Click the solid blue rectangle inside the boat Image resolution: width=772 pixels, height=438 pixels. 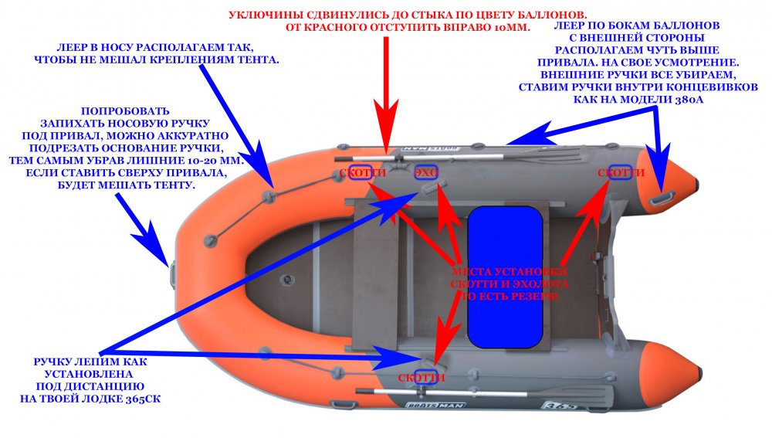505,277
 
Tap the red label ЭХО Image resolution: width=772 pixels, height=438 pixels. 426,173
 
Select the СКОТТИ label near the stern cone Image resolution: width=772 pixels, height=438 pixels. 621,173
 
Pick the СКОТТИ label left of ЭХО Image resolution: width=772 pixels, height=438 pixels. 361,173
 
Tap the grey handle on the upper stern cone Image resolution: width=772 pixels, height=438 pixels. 662,200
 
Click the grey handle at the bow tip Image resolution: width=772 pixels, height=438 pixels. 173,272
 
